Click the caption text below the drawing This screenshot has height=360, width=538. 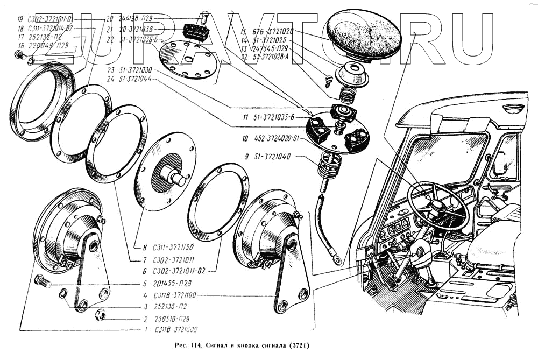[x=236, y=345]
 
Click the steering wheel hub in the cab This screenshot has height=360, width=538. [x=435, y=207]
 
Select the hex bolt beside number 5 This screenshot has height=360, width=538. [x=41, y=280]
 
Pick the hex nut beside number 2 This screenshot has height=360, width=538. [x=99, y=314]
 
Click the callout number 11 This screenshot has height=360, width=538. [x=245, y=117]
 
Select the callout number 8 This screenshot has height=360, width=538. [x=145, y=248]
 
